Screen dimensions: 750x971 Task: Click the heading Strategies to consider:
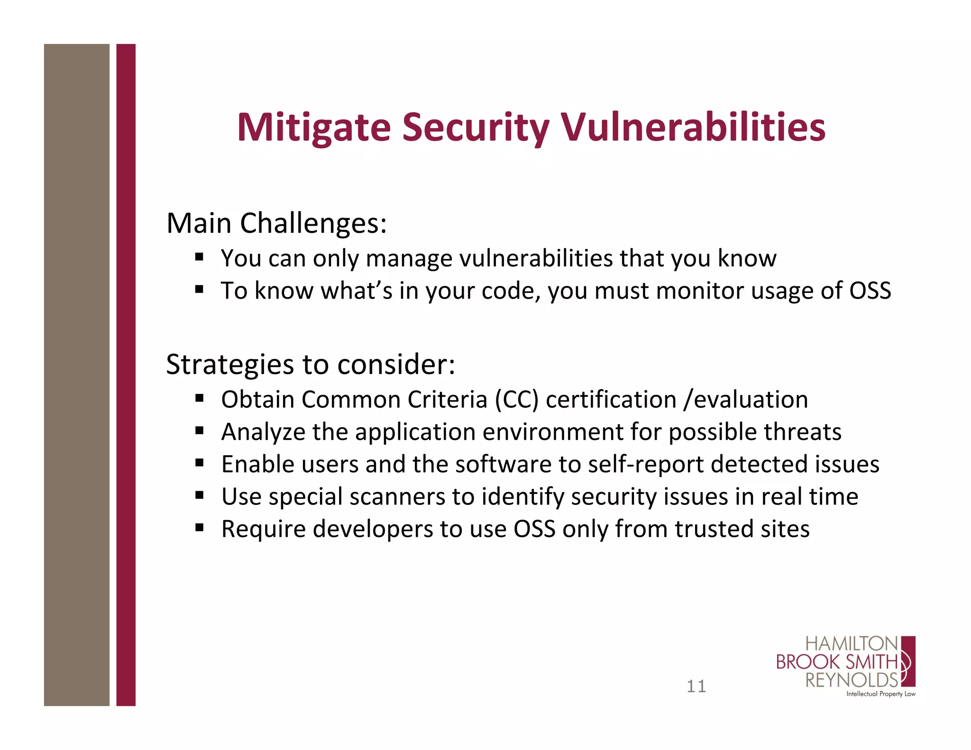[311, 364]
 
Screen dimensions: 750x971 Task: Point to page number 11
[696, 686]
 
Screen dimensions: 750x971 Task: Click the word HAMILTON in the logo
[851, 644]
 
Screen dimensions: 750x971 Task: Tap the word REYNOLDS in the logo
[851, 680]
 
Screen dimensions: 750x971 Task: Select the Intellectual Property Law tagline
[880, 694]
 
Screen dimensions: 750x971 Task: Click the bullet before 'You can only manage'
[199, 257]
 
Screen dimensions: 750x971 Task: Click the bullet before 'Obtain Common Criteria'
[199, 398]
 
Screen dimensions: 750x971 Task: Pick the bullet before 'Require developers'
[199, 528]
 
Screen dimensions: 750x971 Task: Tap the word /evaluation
[745, 399]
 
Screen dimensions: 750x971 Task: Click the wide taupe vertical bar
[76, 375]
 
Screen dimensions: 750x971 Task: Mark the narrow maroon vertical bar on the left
[126, 375]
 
